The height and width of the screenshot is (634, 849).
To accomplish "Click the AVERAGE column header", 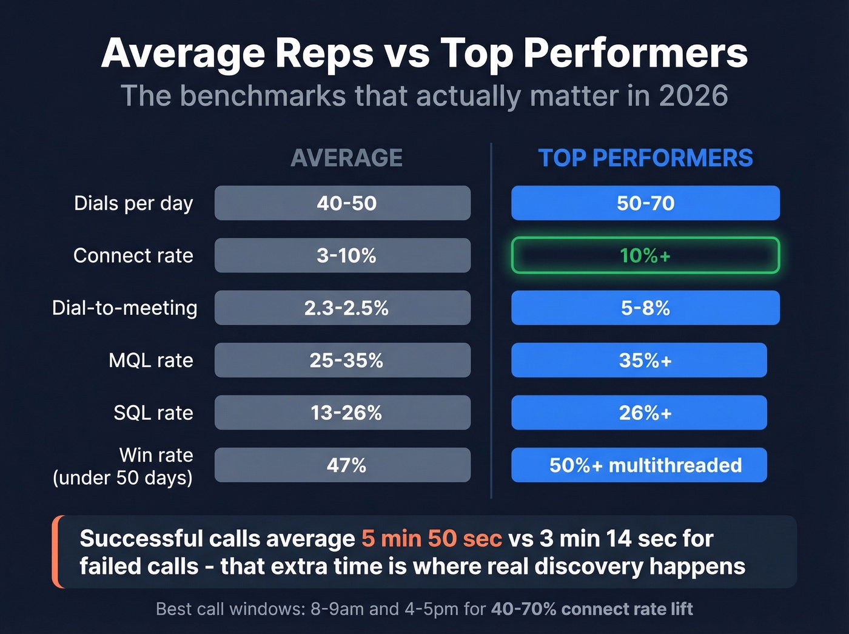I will pyautogui.click(x=346, y=158).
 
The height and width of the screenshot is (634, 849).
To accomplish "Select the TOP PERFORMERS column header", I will pyautogui.click(x=645, y=158).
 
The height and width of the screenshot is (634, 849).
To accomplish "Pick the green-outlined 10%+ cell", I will pyautogui.click(x=645, y=255).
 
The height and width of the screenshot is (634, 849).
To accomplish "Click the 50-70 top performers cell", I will pyautogui.click(x=645, y=203).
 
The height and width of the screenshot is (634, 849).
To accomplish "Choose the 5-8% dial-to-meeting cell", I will pyautogui.click(x=645, y=308).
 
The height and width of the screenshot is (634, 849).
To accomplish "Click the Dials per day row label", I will pyautogui.click(x=133, y=203).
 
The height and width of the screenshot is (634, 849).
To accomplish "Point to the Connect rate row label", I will pyautogui.click(x=133, y=255).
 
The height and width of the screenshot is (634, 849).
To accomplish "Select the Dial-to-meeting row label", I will pyautogui.click(x=125, y=308).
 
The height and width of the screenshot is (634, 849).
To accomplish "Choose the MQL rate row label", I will pyautogui.click(x=151, y=360).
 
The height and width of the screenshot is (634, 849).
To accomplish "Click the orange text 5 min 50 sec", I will pyautogui.click(x=432, y=539).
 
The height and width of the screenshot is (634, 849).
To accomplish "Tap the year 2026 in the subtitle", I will pyautogui.click(x=693, y=96).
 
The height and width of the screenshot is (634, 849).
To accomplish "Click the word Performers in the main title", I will pyautogui.click(x=636, y=53).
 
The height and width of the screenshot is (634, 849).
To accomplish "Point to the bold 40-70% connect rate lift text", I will pyautogui.click(x=592, y=609).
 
